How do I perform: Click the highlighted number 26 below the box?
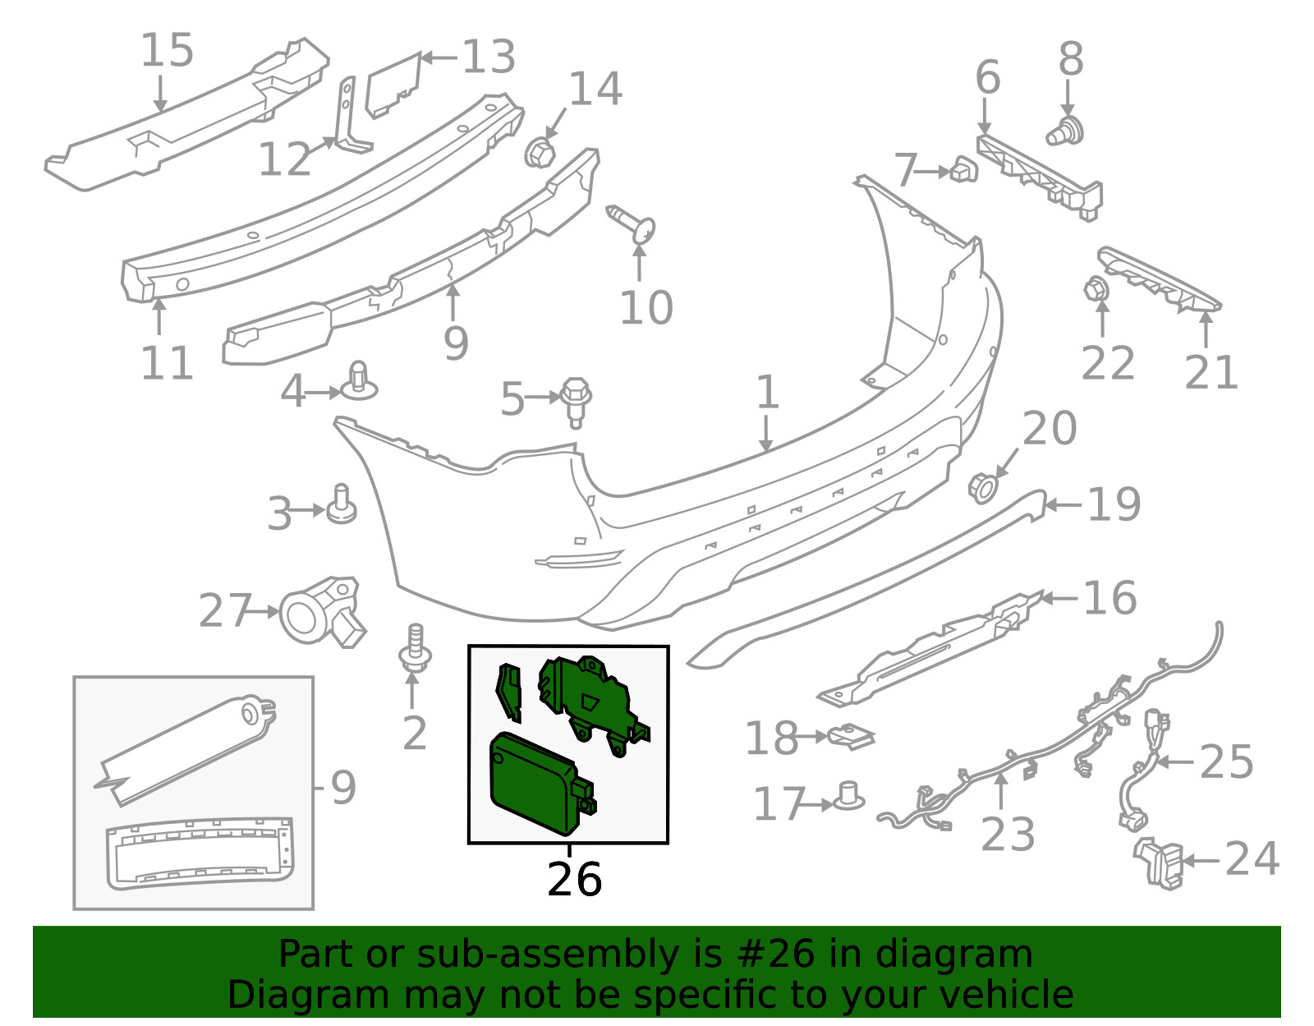(x=574, y=881)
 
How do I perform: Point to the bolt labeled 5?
(x=576, y=403)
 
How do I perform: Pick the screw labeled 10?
(x=631, y=223)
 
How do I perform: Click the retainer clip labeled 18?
(x=851, y=736)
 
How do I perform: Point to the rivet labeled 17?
(x=848, y=796)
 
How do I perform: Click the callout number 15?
(x=167, y=49)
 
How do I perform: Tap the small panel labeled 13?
(x=393, y=85)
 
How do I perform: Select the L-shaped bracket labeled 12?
(x=351, y=117)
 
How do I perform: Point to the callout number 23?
(x=1008, y=834)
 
